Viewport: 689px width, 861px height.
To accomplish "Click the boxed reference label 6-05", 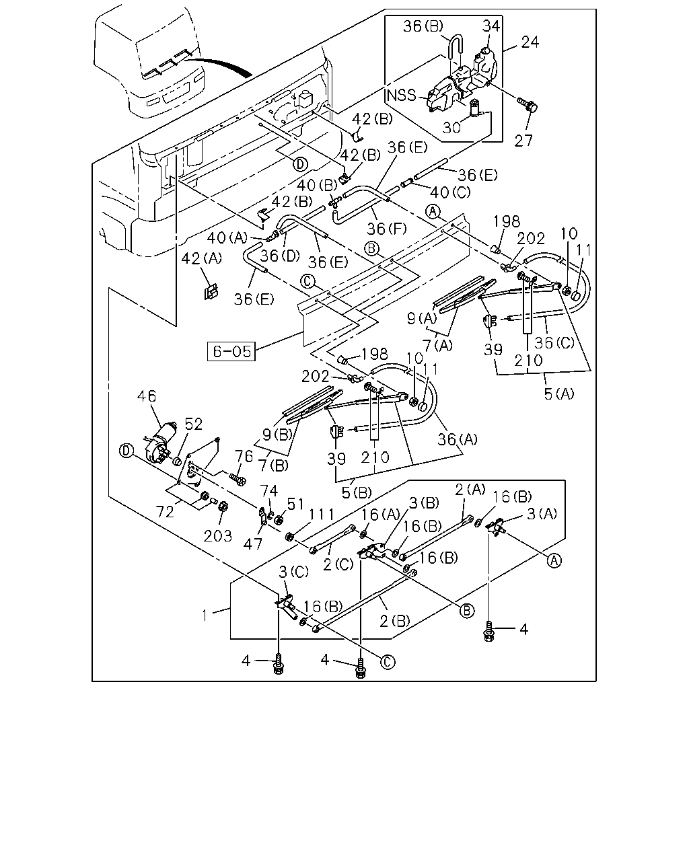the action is tap(231, 351).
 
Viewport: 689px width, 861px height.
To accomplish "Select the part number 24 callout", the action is tap(530, 42).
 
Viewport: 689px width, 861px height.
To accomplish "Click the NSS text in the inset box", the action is tap(402, 96).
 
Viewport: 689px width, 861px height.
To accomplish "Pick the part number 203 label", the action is tap(218, 536).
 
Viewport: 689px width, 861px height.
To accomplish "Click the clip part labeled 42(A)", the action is tap(211, 292).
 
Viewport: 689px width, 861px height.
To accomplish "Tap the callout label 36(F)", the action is tap(387, 229).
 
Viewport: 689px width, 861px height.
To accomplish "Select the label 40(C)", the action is tap(450, 192).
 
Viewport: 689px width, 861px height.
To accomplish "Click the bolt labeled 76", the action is tap(238, 478).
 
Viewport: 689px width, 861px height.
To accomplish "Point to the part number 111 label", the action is tap(321, 515).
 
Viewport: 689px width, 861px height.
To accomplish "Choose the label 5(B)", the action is tap(357, 492).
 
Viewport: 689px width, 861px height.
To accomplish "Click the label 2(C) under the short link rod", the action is tap(338, 564).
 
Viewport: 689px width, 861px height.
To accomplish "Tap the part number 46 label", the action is tap(147, 396).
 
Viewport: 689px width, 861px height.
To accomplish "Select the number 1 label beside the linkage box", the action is tap(205, 615).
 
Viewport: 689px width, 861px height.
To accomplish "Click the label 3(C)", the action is tap(294, 572).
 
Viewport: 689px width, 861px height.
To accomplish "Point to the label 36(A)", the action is tap(458, 440).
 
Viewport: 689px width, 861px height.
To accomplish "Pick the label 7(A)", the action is tap(438, 345).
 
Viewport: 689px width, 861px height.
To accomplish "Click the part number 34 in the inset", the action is tap(491, 26).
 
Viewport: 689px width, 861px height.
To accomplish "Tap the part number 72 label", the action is tap(166, 512).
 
